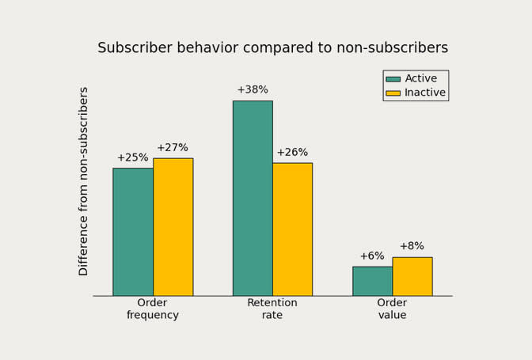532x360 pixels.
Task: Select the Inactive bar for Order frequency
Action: coord(173,227)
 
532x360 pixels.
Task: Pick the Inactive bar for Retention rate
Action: coord(292,229)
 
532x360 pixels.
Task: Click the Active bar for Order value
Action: coord(372,281)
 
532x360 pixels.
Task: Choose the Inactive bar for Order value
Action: coord(412,276)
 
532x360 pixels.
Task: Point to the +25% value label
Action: coord(133,158)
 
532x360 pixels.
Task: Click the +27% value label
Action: coord(173,148)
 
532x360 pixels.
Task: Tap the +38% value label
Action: coord(253,90)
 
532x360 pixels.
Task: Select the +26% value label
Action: coord(292,153)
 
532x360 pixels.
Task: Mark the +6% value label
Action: coord(372,256)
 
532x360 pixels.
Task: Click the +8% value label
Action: coord(412,246)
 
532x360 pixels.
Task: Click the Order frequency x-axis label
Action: coord(153,309)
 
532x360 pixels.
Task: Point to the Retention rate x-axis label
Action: coord(272,309)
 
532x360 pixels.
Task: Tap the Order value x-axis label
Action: coord(392,309)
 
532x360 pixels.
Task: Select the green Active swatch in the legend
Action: coord(393,79)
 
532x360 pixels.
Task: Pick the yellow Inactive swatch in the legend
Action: coord(393,93)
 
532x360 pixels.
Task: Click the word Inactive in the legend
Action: coord(425,93)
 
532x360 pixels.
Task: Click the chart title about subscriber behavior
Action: coord(272,48)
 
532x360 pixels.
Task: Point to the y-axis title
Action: coord(84,181)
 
